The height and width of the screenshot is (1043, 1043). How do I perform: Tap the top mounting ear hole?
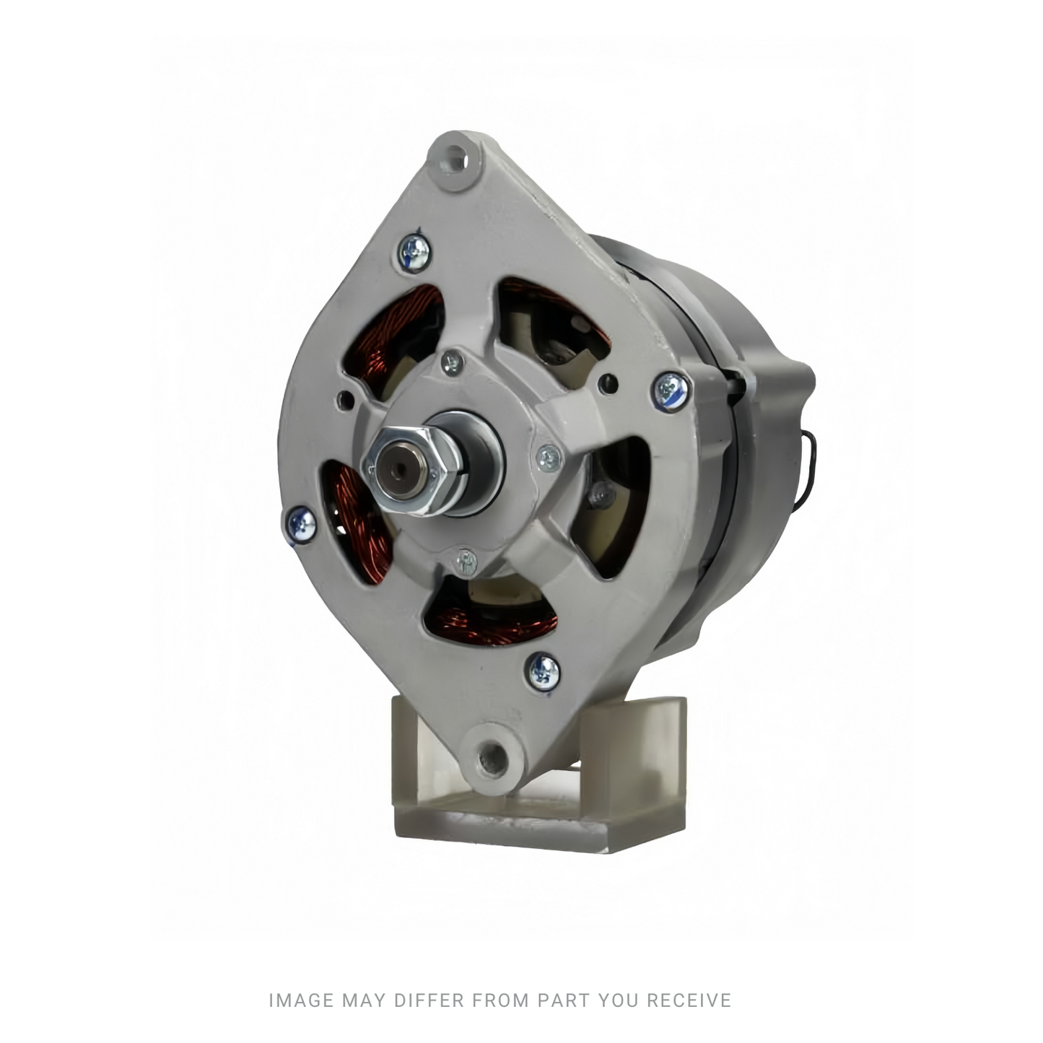pyautogui.click(x=453, y=159)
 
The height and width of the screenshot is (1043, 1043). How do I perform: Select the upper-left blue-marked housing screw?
pyautogui.click(x=414, y=252)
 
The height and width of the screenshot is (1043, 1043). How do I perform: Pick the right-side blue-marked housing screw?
pyautogui.click(x=671, y=389)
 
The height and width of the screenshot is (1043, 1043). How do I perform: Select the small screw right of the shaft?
pyautogui.click(x=549, y=458)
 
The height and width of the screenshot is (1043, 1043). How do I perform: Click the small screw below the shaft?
pyautogui.click(x=466, y=561)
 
